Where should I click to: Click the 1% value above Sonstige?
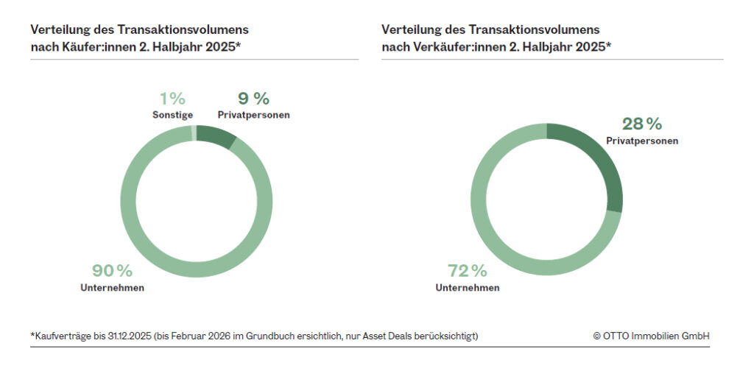(172, 99)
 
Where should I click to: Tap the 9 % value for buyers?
(253, 99)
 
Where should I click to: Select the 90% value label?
(112, 271)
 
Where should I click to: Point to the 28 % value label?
(641, 124)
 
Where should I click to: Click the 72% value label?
(467, 271)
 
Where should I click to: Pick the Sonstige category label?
(172, 115)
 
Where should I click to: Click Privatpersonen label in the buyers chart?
(253, 115)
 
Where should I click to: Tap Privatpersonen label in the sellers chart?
(641, 141)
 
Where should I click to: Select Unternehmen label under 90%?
(112, 288)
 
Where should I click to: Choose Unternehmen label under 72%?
(467, 288)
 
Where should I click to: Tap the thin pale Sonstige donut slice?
(194, 132)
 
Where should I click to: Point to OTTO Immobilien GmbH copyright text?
(651, 336)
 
